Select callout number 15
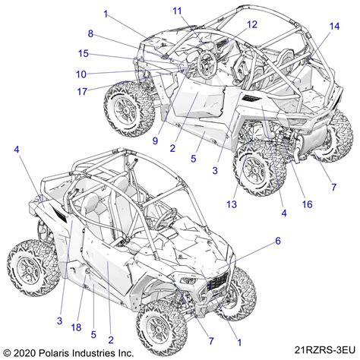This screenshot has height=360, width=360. point(84,53)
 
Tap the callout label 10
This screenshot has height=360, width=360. point(81,74)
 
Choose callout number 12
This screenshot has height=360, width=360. point(251,24)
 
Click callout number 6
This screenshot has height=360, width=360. point(278,240)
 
